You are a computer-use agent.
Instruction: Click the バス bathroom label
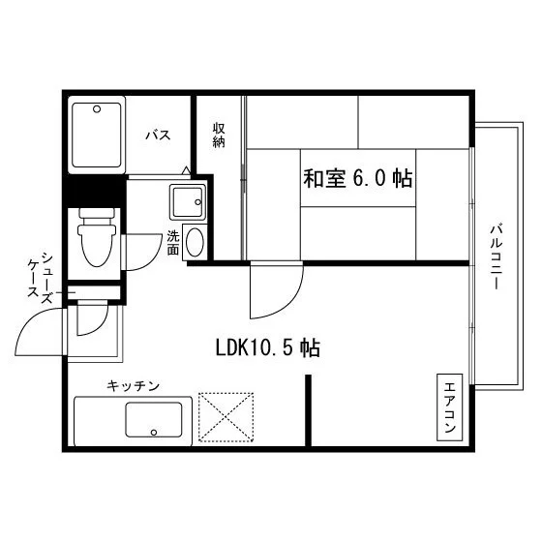tap(158, 135)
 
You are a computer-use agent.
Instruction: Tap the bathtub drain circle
tap(97, 109)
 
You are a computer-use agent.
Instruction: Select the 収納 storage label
tap(219, 135)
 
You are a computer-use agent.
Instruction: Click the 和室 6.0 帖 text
tap(358, 179)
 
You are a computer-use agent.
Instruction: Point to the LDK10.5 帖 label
tap(268, 347)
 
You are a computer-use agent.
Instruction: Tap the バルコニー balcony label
tap(496, 256)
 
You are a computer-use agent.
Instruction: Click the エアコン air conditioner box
tap(450, 407)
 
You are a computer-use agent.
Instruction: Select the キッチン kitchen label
tap(134, 385)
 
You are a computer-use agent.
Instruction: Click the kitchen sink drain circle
tap(154, 432)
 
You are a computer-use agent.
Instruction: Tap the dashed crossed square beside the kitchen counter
tap(226, 417)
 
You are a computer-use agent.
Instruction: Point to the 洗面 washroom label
tap(173, 242)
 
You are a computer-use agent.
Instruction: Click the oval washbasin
tap(195, 242)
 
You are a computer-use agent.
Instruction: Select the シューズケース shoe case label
tap(41, 279)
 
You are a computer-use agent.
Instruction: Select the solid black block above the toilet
tap(94, 192)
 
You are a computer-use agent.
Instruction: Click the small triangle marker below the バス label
tap(186, 170)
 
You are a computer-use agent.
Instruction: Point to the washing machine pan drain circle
tap(198, 202)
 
